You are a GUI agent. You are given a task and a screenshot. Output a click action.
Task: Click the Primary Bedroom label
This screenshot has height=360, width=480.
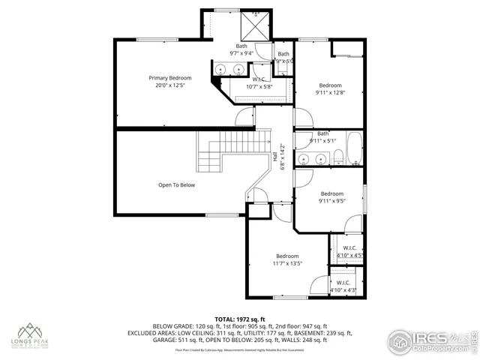169,78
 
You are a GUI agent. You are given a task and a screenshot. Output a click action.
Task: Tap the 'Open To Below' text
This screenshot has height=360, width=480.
176,184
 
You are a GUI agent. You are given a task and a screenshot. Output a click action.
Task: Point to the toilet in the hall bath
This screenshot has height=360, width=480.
338,157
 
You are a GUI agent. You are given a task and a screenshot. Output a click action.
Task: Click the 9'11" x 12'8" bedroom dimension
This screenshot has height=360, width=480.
330,93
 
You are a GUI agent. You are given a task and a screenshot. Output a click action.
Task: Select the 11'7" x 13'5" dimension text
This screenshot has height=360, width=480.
287,263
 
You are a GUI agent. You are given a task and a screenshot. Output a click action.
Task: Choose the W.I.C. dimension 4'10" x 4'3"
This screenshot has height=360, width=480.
343,289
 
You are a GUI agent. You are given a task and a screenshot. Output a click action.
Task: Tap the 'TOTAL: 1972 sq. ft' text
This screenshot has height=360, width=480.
239,319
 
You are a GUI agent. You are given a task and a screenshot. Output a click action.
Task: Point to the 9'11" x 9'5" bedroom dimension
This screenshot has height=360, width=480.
331,201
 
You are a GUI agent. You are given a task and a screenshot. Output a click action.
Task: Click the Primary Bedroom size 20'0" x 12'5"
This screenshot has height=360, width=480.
169,85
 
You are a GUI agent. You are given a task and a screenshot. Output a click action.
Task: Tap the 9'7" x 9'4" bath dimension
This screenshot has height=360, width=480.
241,53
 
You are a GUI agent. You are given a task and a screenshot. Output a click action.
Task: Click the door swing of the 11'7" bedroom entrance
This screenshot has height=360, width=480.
280,212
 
